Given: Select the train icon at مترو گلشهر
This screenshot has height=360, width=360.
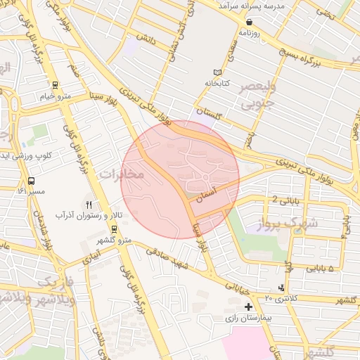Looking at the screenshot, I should pos(113,229).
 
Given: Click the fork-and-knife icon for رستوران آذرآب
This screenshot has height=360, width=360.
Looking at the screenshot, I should pos(89,203).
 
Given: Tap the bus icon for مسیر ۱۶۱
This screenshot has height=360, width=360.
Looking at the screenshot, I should pos(29,181).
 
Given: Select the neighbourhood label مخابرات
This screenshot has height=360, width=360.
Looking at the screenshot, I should pos(122,173).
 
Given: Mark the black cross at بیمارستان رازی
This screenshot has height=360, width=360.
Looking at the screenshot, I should pos(248,307).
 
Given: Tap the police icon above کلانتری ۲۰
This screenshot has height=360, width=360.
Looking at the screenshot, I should pos(281,287).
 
